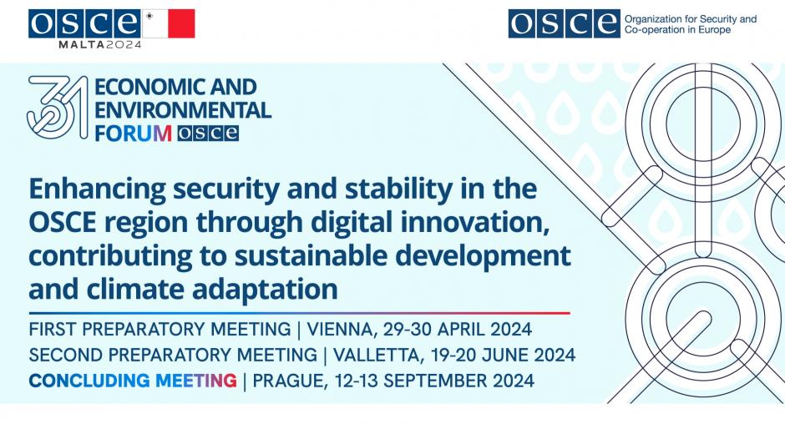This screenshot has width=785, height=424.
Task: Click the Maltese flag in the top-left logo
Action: pos(169,23)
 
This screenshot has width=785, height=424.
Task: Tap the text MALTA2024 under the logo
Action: pos(100,44)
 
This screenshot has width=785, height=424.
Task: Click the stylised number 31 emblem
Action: pos(57,107)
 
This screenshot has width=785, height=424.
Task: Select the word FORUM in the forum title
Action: pos(133,134)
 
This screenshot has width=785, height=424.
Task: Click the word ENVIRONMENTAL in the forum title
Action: pos(183,110)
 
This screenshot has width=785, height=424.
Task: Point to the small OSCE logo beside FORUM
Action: pos(208,134)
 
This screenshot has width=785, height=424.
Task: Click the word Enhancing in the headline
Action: pos(97,189)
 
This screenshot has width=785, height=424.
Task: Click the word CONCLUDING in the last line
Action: pos(89,381)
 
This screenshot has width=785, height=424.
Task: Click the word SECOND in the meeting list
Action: pos(66,356)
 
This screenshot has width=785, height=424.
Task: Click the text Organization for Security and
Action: pos(691,19)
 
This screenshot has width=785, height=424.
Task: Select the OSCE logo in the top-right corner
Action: pos(565,23)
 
